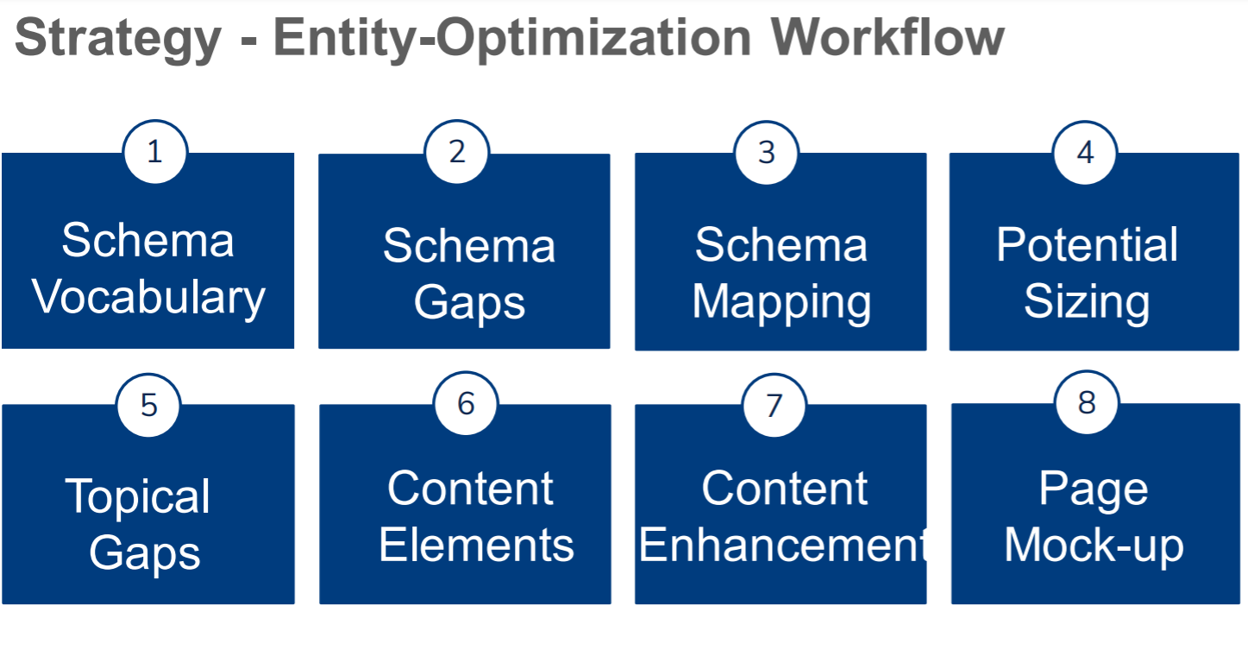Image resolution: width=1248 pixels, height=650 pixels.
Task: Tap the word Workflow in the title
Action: pyautogui.click(x=888, y=38)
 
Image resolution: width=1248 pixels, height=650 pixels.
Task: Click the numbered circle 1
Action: pyautogui.click(x=155, y=152)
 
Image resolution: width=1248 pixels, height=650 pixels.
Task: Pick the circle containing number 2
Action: pyautogui.click(x=457, y=152)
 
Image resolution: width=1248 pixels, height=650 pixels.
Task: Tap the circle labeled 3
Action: pyautogui.click(x=767, y=153)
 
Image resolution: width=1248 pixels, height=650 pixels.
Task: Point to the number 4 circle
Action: pyautogui.click(x=1085, y=153)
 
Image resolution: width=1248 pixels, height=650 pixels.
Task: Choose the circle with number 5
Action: pyautogui.click(x=148, y=405)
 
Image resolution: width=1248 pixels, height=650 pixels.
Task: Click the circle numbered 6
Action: pyautogui.click(x=466, y=404)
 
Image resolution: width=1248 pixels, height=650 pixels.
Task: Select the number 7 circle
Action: pyautogui.click(x=775, y=405)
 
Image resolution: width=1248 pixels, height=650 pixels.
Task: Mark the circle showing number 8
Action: pyautogui.click(x=1087, y=402)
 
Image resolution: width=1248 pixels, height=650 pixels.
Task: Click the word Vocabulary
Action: pyautogui.click(x=148, y=298)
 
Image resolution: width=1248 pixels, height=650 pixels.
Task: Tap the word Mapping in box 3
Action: pyautogui.click(x=781, y=302)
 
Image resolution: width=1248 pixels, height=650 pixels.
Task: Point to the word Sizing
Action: pyautogui.click(x=1087, y=302)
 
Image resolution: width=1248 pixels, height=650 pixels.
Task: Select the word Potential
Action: pyautogui.click(x=1087, y=244)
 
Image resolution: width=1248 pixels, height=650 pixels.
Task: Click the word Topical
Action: pyautogui.click(x=138, y=496)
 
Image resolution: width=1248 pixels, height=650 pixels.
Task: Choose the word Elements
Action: pyautogui.click(x=476, y=545)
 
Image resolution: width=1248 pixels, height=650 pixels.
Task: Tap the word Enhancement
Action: pyautogui.click(x=783, y=545)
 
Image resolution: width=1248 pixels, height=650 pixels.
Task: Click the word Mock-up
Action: pyautogui.click(x=1094, y=546)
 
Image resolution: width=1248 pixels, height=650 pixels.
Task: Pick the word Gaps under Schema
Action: pyautogui.click(x=469, y=303)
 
